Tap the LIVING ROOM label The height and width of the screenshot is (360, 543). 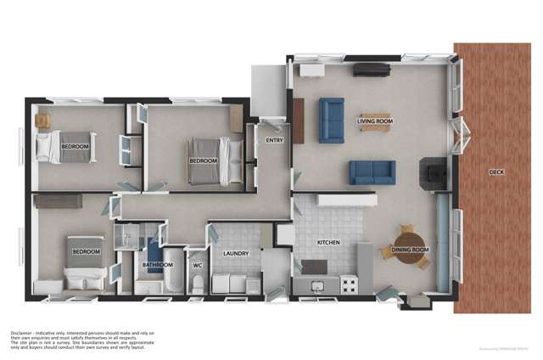[x=374, y=121]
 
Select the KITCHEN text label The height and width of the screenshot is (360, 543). [x=328, y=243]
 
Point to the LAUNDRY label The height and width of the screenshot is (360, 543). [x=234, y=253]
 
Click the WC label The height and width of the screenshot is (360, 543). [x=197, y=265]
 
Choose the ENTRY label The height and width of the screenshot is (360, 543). [x=274, y=140]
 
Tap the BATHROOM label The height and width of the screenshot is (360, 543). [x=157, y=265]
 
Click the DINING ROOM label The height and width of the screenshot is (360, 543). [x=409, y=250]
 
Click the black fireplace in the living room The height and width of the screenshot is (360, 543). [x=433, y=173]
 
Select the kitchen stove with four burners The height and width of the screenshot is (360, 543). [x=348, y=285]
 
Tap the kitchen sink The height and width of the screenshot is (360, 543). [x=316, y=286]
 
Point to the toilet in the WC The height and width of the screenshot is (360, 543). [x=198, y=284]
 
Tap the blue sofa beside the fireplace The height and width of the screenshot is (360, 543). [x=372, y=172]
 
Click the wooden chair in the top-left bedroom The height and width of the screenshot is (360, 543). [x=43, y=121]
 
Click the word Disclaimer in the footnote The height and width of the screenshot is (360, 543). [x=25, y=332]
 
